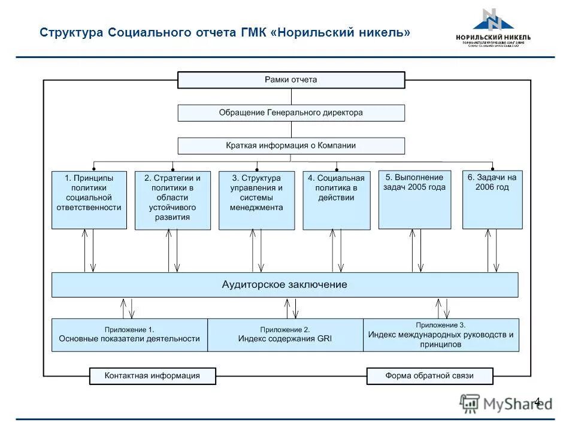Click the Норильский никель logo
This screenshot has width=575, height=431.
(x=493, y=28)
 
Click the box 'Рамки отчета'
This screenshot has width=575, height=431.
(x=291, y=80)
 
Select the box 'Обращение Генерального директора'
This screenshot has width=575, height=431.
(x=291, y=113)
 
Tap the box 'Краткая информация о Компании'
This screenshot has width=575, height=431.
(x=291, y=145)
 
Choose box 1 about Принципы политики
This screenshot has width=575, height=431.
(x=89, y=200)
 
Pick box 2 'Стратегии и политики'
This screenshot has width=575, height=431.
(x=172, y=200)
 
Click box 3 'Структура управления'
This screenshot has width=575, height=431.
(x=256, y=200)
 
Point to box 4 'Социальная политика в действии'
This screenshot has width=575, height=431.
(x=337, y=200)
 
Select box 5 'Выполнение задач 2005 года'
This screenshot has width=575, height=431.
(x=414, y=199)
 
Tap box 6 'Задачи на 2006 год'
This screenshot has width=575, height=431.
(x=492, y=199)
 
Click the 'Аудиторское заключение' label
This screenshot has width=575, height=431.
(x=285, y=285)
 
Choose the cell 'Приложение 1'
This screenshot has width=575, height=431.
(x=129, y=335)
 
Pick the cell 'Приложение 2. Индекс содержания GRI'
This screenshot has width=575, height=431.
(x=285, y=335)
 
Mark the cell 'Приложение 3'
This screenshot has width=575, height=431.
(x=441, y=335)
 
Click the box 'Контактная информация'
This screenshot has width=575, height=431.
(x=152, y=376)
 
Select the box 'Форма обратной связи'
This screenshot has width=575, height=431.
(x=429, y=376)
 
